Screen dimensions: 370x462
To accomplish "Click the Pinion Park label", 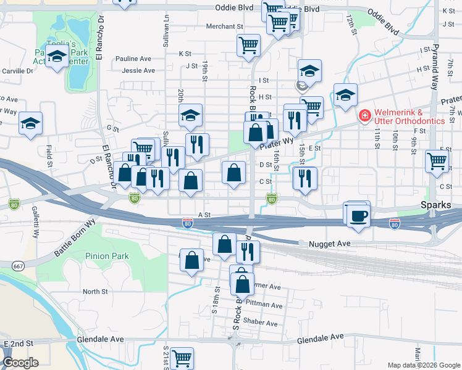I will (107, 256).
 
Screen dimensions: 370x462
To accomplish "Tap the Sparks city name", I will (448, 205).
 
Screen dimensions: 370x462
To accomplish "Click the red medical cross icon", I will (365, 115).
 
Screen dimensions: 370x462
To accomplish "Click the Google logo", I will (21, 363).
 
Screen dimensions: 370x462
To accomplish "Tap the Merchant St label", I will (225, 27).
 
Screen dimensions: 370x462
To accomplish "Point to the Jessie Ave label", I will (138, 71).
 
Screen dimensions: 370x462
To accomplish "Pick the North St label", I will (95, 292).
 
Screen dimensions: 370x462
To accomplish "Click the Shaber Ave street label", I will (261, 323).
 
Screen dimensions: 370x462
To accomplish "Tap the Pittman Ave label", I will (264, 305).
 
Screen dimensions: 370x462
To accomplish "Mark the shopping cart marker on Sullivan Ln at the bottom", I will (182, 358).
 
